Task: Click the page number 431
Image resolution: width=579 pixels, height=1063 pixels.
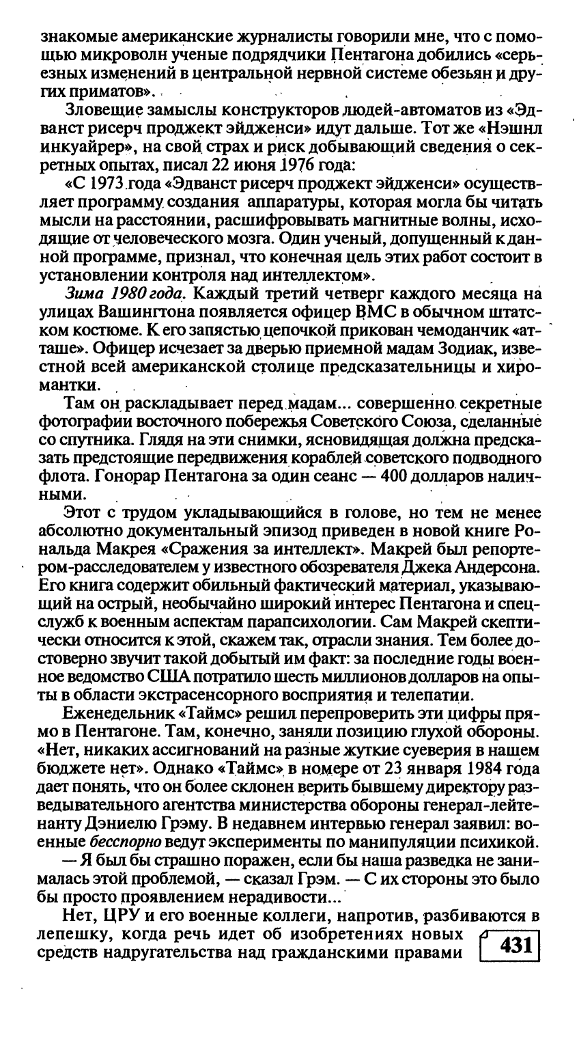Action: pos(516,946)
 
